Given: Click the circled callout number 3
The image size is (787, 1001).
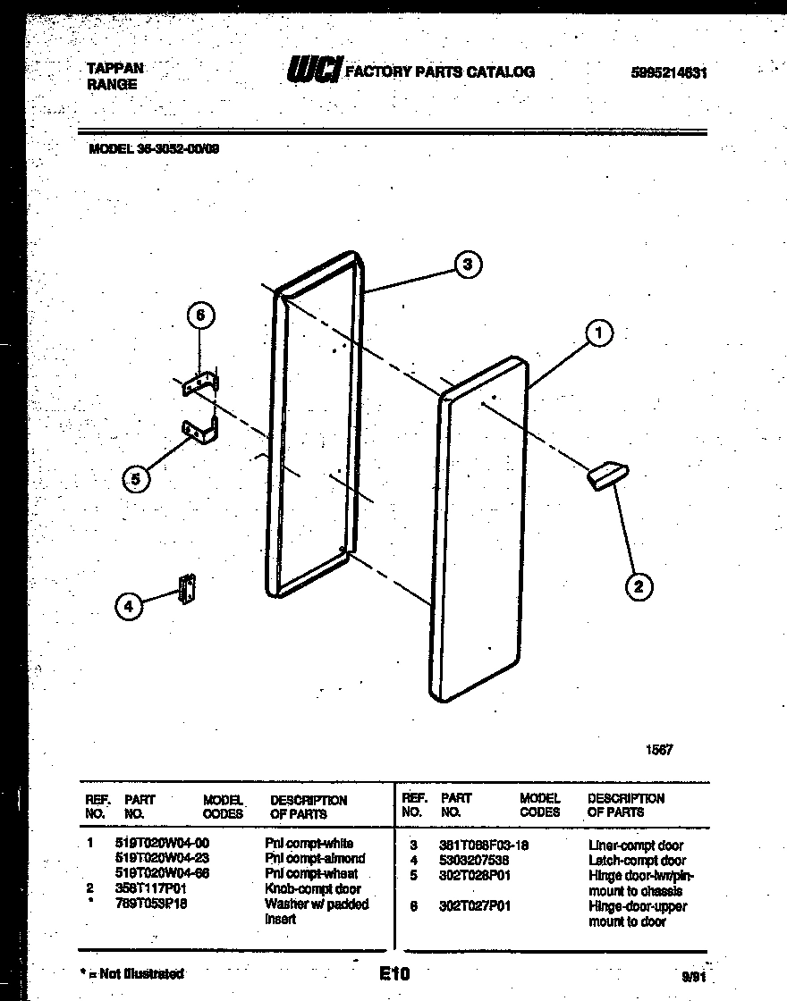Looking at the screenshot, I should (467, 264).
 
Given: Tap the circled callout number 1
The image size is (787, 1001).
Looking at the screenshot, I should (599, 334).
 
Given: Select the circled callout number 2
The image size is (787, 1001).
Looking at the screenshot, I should (638, 586).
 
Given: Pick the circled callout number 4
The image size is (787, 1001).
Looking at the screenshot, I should (128, 606).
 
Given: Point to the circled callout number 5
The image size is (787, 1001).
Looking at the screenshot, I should (135, 479).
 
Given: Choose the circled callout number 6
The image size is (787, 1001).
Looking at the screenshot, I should (200, 315).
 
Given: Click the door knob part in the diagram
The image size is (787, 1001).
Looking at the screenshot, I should (607, 475).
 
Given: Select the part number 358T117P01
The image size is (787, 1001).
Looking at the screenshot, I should (150, 889).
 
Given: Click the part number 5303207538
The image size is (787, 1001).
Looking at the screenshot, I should (474, 860).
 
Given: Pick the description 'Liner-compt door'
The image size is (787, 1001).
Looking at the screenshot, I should (636, 845).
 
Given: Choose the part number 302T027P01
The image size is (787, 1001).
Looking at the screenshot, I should (475, 905).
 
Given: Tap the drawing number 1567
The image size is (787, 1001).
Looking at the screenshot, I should (659, 750).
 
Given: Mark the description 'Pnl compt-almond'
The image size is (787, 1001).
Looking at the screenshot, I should (315, 858).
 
